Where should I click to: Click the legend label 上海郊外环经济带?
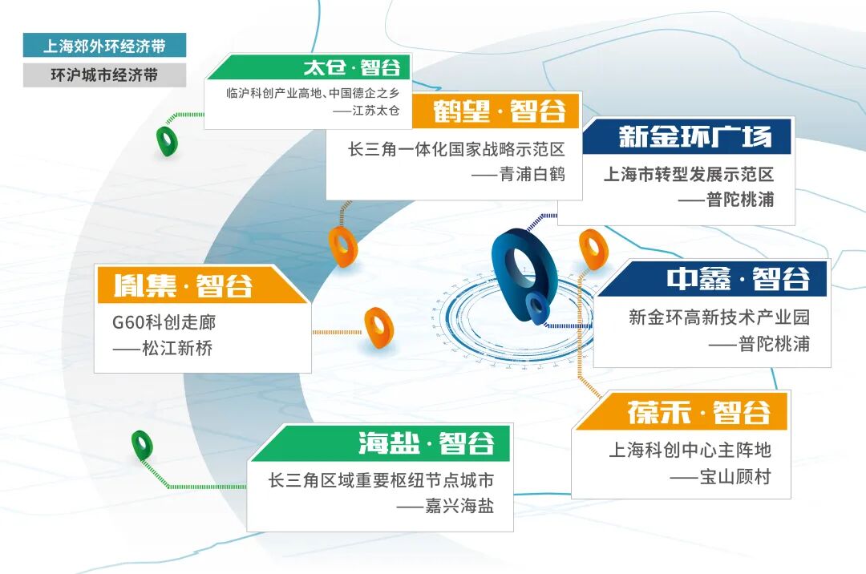pyautogui.click(x=104, y=46)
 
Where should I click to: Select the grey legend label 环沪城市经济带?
pyautogui.click(x=104, y=75)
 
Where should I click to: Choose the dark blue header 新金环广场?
pyautogui.click(x=694, y=136)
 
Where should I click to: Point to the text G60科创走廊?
pyautogui.click(x=164, y=323)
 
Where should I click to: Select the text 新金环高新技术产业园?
pyautogui.click(x=718, y=317)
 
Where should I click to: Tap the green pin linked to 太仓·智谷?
pyautogui.click(x=167, y=141)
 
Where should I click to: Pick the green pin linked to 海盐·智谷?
pyautogui.click(x=142, y=445)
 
